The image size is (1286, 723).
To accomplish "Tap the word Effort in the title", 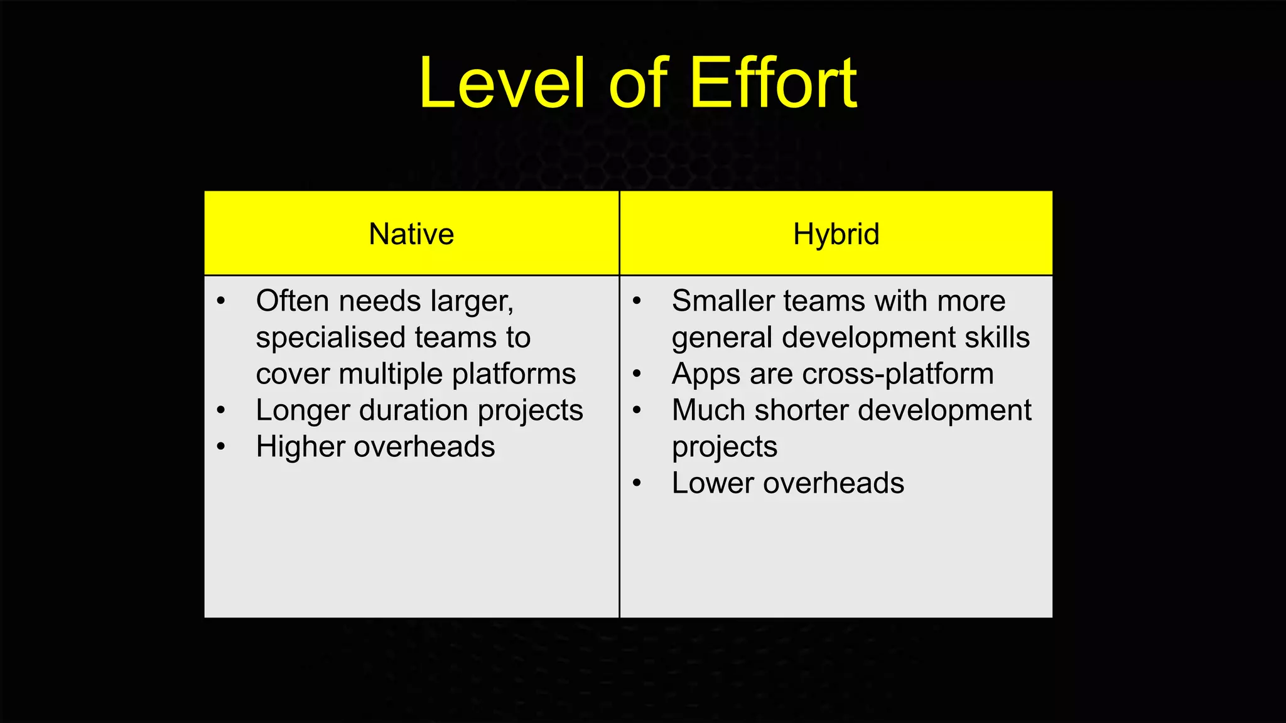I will (774, 83).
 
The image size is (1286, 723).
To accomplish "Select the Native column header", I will (411, 234).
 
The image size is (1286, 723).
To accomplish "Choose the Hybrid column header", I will (836, 234).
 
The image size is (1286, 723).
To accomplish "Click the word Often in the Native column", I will (293, 301).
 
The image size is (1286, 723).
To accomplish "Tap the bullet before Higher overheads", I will (220, 447).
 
